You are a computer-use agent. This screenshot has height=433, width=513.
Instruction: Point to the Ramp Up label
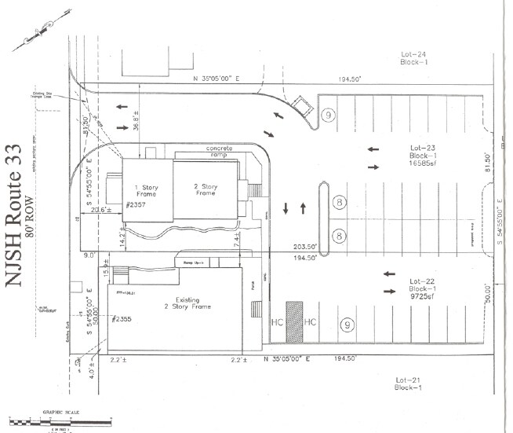click(194, 262)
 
